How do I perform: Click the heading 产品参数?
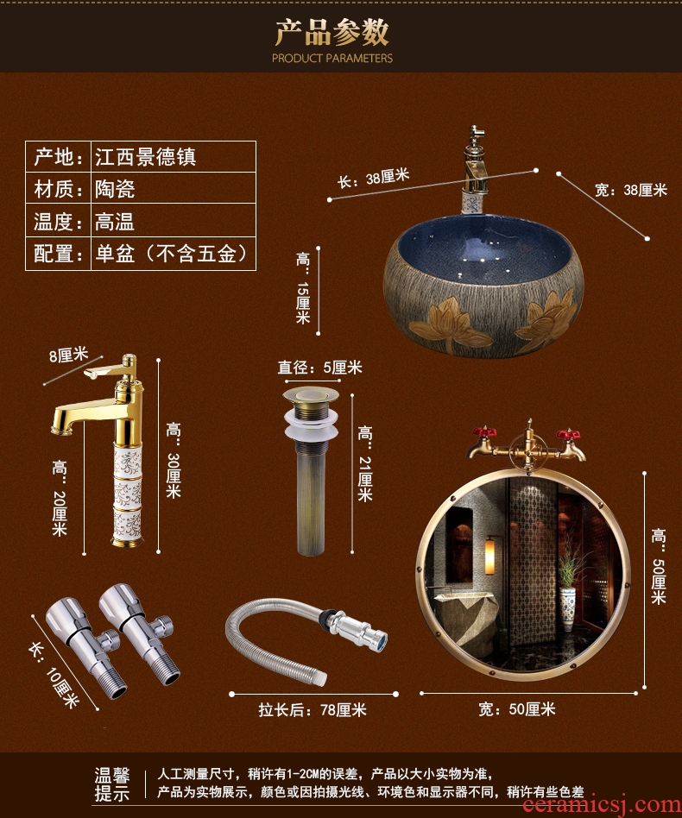click(332, 32)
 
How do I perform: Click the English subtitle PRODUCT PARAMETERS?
click(332, 58)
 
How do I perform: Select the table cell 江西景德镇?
click(145, 156)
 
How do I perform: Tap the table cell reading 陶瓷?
click(115, 189)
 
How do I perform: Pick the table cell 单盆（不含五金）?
click(171, 254)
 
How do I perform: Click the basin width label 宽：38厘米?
click(631, 190)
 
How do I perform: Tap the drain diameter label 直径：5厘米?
click(319, 368)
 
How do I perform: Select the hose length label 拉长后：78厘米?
click(313, 709)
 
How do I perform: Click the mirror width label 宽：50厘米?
click(516, 709)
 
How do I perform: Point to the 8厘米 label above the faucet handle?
click(68, 355)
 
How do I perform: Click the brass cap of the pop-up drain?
click(311, 393)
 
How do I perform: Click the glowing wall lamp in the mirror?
click(489, 557)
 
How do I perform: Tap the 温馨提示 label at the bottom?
click(112, 784)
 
